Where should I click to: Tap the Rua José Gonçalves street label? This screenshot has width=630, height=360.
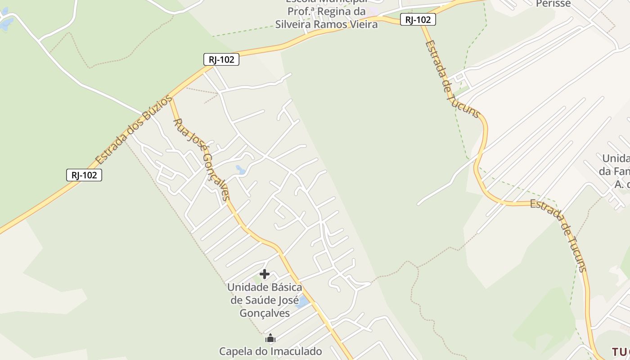[202, 159]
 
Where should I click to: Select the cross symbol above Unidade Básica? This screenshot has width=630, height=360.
[265, 274]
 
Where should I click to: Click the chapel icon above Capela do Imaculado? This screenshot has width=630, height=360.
[270, 338]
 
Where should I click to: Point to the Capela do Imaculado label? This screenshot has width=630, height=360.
[270, 351]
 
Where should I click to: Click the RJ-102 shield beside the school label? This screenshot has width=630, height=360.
[418, 19]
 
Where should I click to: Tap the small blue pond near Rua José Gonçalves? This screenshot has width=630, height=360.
[241, 170]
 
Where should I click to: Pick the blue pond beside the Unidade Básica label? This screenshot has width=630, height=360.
[302, 301]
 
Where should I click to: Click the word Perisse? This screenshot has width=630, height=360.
[553, 4]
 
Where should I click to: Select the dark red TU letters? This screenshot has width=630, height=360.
[620, 351]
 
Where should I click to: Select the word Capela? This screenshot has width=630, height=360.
[236, 351]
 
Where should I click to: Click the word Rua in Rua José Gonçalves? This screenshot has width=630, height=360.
[179, 126]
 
